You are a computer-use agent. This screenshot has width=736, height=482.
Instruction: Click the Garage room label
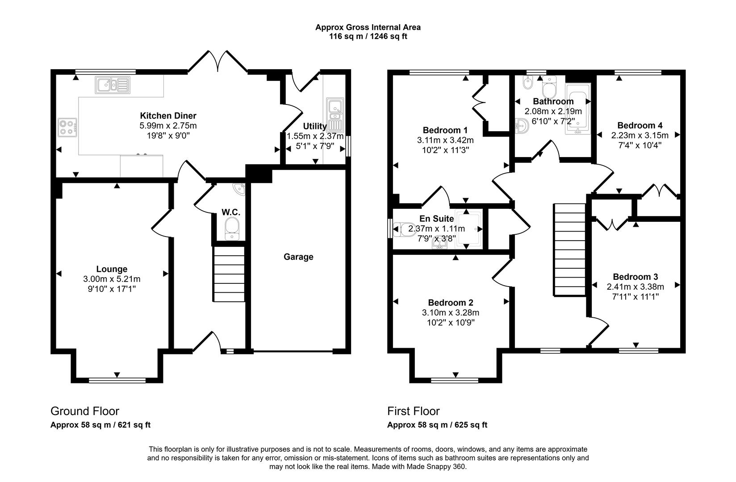coord(298,257)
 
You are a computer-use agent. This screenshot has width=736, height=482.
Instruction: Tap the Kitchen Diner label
coord(168,116)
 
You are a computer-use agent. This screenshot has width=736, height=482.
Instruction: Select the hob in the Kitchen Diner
coord(67,126)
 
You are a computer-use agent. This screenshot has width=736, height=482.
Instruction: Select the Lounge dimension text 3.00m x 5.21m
coord(112,279)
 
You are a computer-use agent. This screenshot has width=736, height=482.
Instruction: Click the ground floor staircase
coord(229,274)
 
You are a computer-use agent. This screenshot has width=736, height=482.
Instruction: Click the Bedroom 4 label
coord(640,125)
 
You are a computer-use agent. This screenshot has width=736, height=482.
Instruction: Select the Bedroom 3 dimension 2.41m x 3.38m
coord(635,287)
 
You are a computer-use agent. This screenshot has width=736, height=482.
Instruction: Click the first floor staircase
coord(569,250)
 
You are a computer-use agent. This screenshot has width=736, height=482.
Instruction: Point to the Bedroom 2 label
coord(450,303)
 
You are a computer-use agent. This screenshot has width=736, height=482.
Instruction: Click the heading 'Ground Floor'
coord(84,411)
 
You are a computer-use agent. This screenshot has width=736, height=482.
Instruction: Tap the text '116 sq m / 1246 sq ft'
coord(368,37)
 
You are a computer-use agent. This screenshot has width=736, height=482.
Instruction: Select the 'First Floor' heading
coord(413,411)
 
